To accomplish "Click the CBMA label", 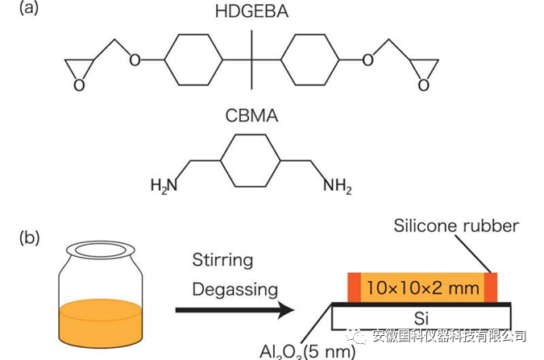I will click(251, 116).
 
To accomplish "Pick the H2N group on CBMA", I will click(163, 186).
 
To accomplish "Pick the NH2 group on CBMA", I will click(338, 186).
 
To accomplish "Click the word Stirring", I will click(222, 260).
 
